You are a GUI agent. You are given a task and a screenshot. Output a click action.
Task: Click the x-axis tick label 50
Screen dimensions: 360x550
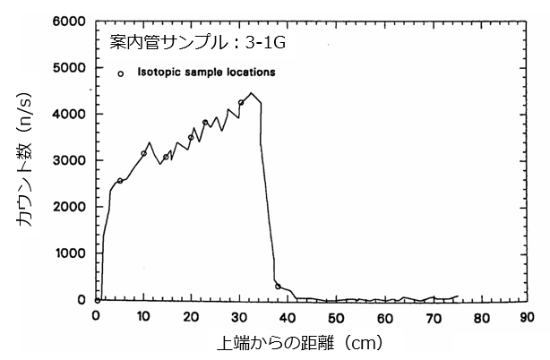point(335,315)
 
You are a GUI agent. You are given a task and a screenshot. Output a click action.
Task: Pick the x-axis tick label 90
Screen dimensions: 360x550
point(527,315)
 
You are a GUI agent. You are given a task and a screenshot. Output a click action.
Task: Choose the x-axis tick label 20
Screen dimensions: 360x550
point(191,315)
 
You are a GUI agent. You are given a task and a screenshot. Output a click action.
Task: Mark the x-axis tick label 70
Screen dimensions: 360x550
point(431,315)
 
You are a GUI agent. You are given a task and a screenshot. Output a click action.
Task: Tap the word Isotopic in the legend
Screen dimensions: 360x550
point(159,71)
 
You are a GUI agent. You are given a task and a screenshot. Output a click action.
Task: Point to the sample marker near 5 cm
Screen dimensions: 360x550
point(120,181)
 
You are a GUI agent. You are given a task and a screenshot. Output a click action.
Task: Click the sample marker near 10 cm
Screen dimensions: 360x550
point(143,153)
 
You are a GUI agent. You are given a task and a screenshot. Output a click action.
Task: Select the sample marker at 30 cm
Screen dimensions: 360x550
point(241,102)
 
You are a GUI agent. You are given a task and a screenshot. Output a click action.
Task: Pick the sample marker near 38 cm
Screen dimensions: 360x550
point(278,287)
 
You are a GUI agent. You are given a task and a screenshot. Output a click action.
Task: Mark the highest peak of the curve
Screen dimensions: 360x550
point(252,93)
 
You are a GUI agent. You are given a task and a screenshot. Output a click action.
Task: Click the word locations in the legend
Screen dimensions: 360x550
point(249,71)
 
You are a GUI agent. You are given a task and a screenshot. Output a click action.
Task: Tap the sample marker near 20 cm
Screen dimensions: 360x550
point(191,138)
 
